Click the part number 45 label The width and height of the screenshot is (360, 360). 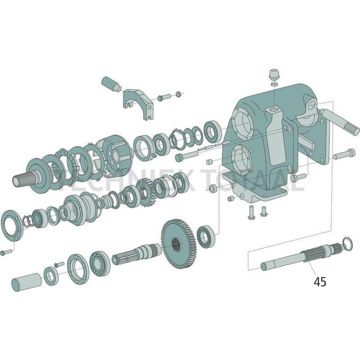(320, 281)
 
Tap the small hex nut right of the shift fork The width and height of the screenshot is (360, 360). (178, 94)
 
